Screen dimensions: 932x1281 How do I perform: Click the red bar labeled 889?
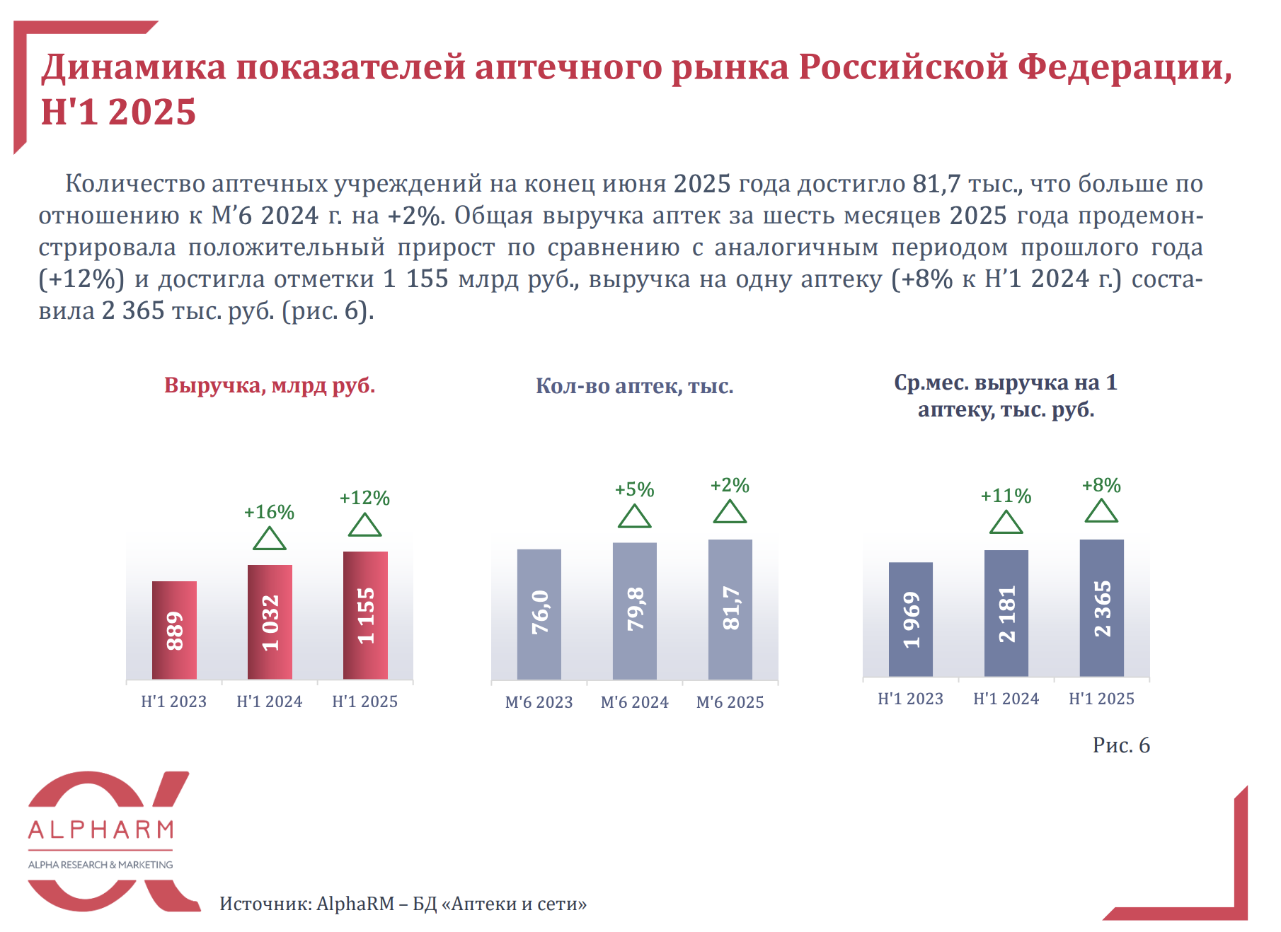pyautogui.click(x=174, y=629)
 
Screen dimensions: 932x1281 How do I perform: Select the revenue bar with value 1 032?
pyautogui.click(x=270, y=622)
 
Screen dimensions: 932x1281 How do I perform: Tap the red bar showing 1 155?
pyautogui.click(x=365, y=614)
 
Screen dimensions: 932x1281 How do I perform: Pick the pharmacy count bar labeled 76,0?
pyautogui.click(x=539, y=614)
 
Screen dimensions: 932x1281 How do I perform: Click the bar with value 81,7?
pyautogui.click(x=730, y=609)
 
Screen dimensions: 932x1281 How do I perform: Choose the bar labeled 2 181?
pyautogui.click(x=1006, y=612)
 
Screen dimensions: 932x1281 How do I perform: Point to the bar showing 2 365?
pyautogui.click(x=1102, y=607)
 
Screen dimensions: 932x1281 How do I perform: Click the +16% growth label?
pyautogui.click(x=269, y=512)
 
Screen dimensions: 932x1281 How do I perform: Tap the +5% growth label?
pyautogui.click(x=634, y=489)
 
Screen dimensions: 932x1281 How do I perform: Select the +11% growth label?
pyautogui.click(x=1006, y=496)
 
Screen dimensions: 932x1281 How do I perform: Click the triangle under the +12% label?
pyautogui.click(x=365, y=526)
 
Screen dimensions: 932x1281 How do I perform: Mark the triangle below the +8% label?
pyautogui.click(x=1101, y=512)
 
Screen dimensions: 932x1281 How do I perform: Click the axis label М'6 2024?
pyautogui.click(x=634, y=702)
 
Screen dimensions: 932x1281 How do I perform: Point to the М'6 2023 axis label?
pyautogui.click(x=539, y=702)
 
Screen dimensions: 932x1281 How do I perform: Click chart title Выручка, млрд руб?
pyautogui.click(x=270, y=385)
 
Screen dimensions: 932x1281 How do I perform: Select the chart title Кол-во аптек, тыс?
pyautogui.click(x=634, y=385)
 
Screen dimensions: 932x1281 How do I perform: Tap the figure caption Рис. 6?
pyautogui.click(x=1121, y=745)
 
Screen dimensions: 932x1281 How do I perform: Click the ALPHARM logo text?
pyautogui.click(x=100, y=829)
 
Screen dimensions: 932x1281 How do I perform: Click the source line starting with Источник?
pyautogui.click(x=403, y=904)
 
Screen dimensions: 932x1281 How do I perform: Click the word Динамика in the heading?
pyautogui.click(x=134, y=67)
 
